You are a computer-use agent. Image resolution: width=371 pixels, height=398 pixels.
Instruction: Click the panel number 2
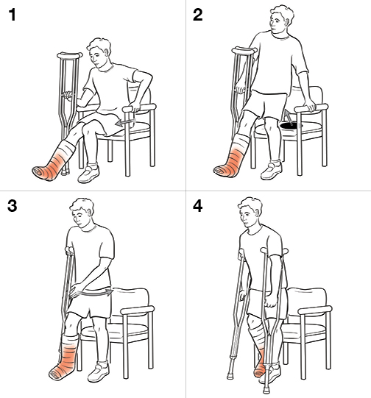[x=198, y=15]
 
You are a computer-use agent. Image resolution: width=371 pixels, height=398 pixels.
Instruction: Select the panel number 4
[x=198, y=207]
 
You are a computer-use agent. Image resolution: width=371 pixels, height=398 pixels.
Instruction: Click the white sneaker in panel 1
[x=88, y=174]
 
